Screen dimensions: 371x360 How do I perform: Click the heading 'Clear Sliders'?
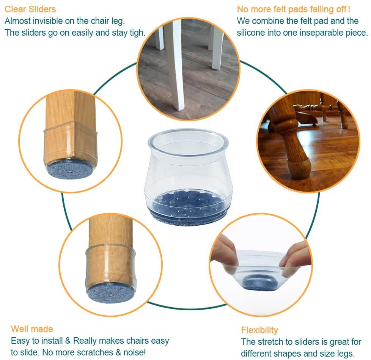click(x=30, y=9)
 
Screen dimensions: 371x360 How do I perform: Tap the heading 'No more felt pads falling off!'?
click(x=293, y=9)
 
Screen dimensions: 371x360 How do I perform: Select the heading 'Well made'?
click(x=32, y=329)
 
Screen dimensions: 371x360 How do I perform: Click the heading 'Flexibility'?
click(x=259, y=330)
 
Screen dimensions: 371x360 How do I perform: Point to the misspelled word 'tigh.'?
click(x=137, y=33)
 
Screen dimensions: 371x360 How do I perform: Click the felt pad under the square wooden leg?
click(x=69, y=169)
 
